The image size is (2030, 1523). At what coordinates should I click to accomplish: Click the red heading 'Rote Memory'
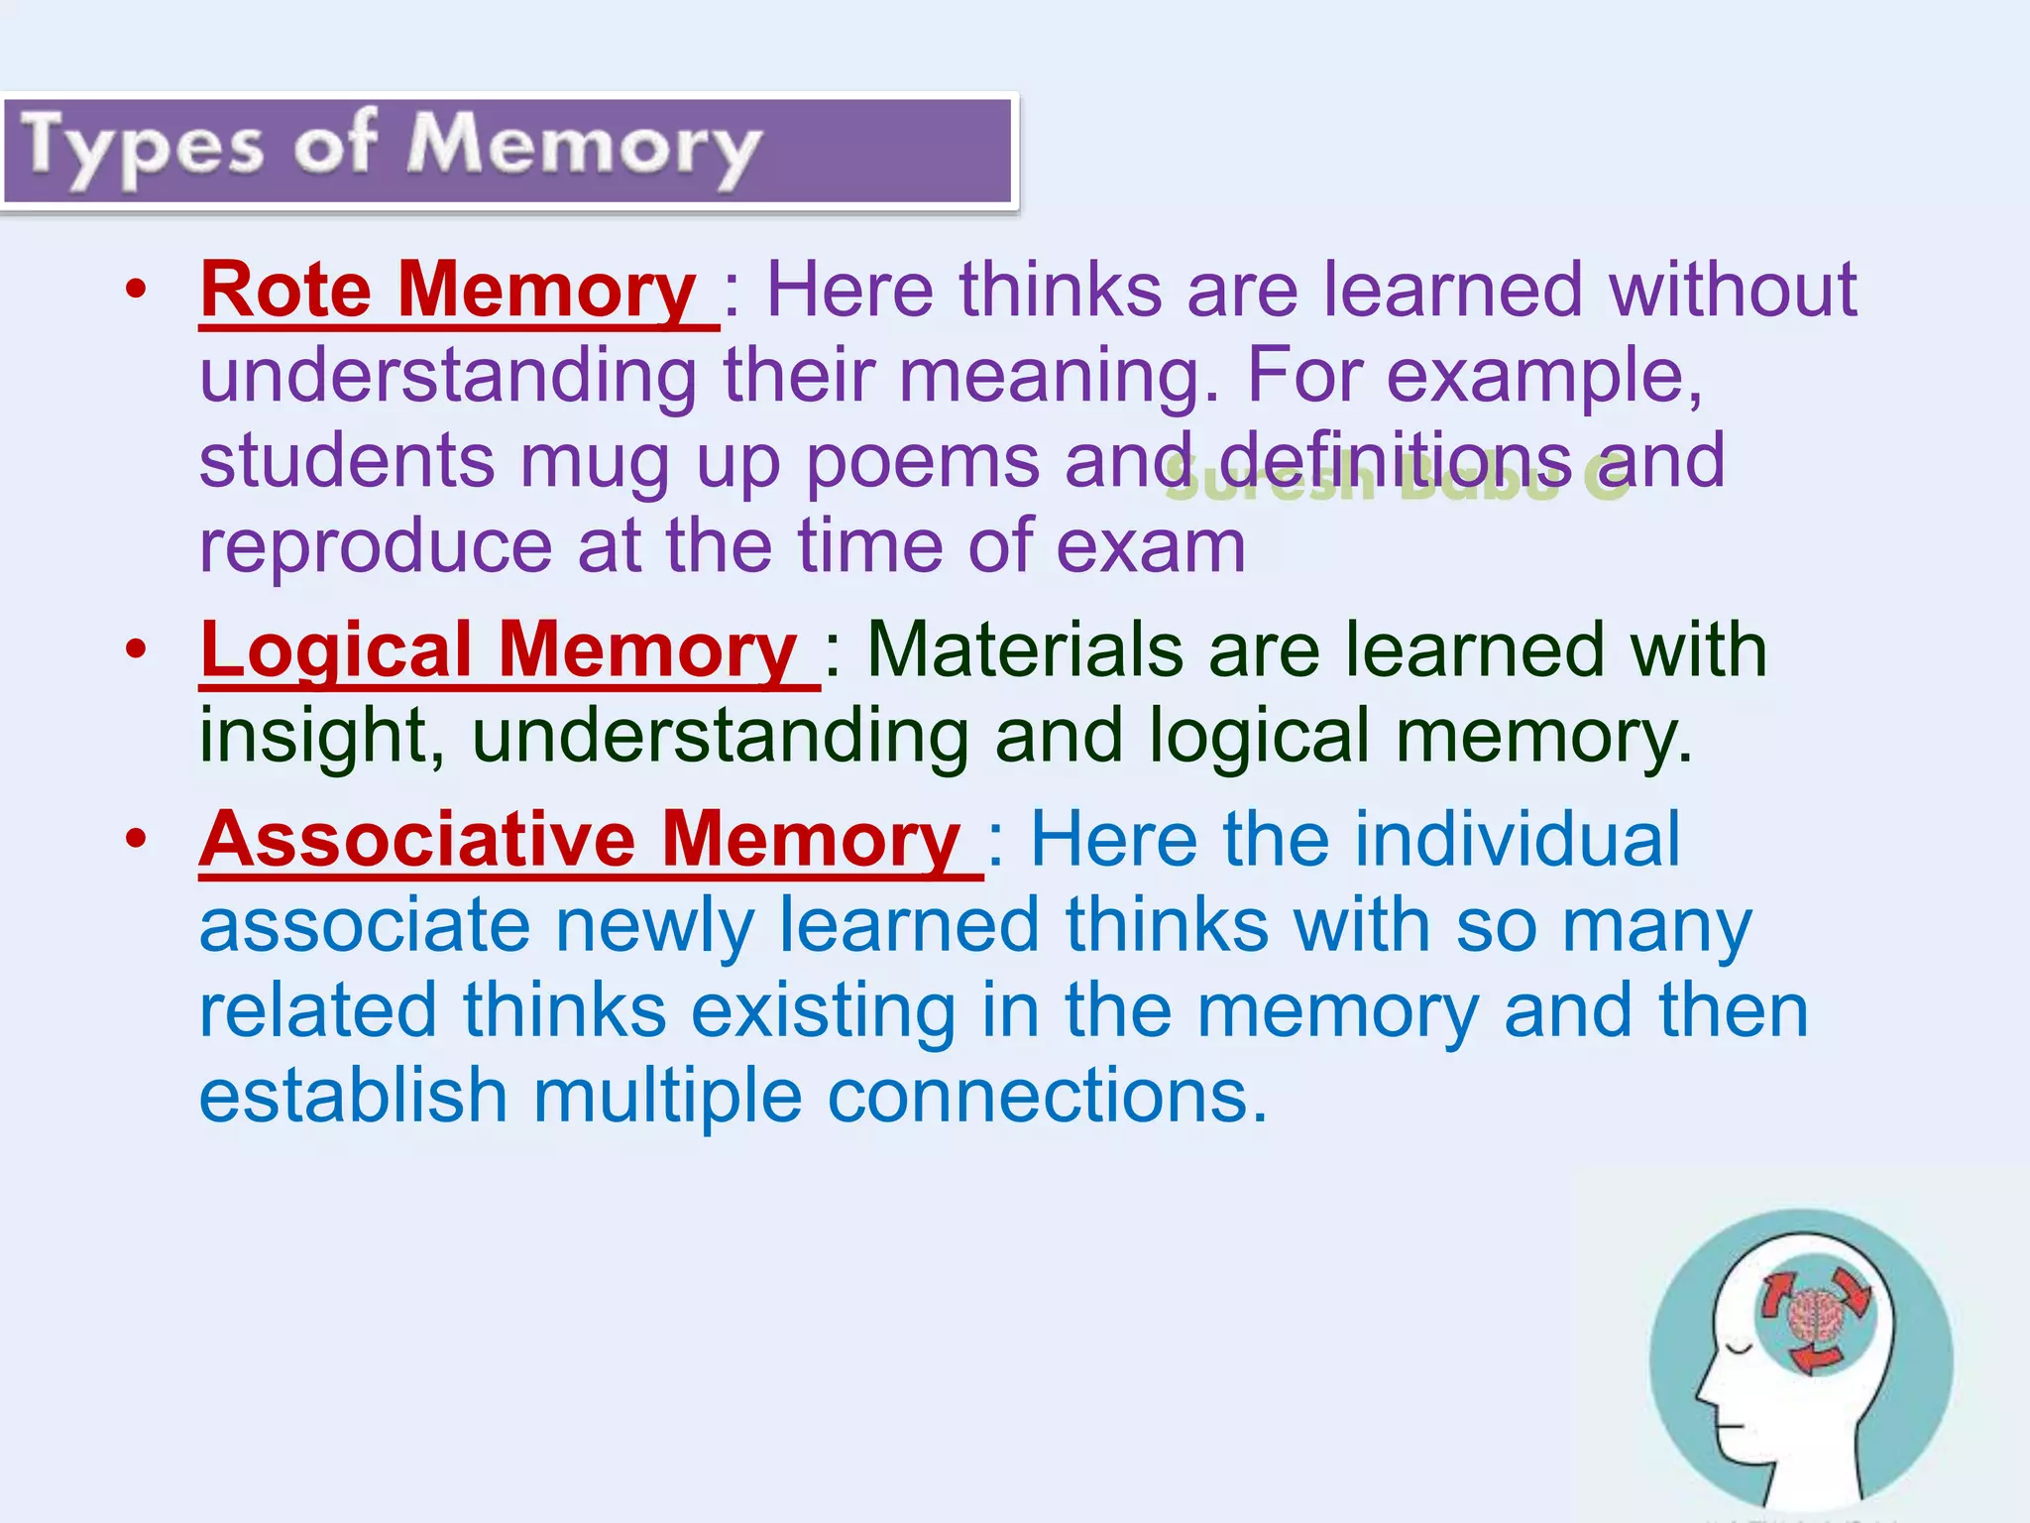click(448, 291)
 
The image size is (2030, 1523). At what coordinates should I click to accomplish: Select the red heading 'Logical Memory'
click(499, 650)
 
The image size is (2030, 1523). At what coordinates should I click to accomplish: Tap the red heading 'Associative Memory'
click(580, 840)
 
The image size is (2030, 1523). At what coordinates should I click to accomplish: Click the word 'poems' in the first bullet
click(922, 462)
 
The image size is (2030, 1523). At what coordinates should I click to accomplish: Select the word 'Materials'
click(1025, 650)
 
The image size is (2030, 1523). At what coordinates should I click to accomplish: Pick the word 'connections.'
click(1048, 1097)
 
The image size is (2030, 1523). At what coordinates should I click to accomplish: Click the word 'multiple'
click(667, 1097)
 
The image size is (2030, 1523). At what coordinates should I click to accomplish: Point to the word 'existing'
click(824, 1011)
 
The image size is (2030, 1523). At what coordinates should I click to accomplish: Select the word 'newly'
click(654, 926)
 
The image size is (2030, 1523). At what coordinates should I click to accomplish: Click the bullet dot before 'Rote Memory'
click(136, 291)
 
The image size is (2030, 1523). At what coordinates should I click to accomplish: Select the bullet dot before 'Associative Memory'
click(136, 840)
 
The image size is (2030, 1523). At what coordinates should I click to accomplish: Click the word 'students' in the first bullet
click(347, 462)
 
